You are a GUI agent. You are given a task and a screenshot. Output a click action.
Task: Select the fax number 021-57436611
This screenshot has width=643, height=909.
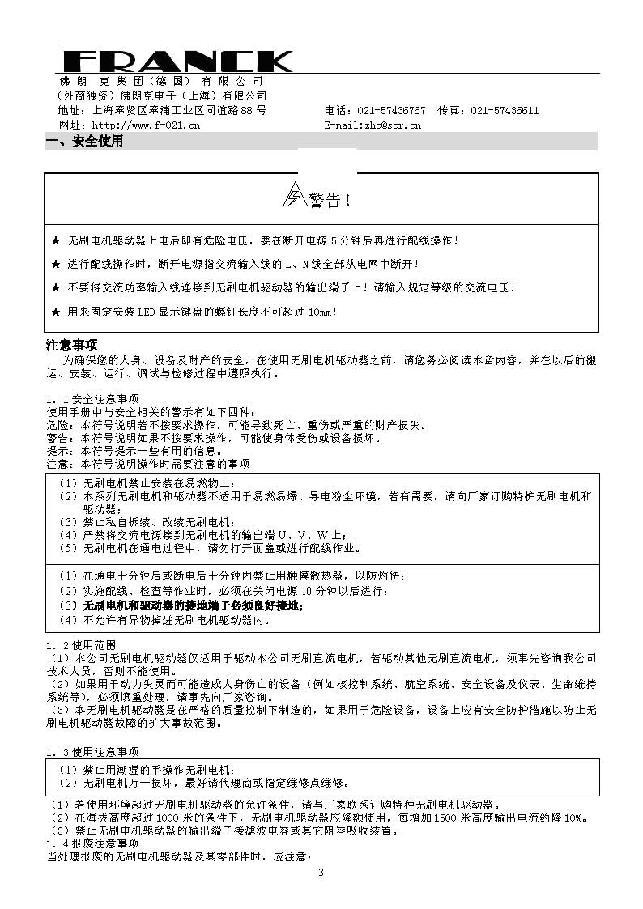[505, 111]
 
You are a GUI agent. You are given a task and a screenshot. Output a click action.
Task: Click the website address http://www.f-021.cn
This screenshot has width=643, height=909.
[146, 125]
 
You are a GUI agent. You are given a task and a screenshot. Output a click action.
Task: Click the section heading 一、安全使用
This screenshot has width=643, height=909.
[85, 142]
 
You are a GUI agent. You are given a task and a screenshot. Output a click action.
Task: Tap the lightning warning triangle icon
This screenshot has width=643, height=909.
[293, 196]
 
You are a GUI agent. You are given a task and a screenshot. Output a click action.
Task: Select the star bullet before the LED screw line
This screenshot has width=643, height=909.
[55, 311]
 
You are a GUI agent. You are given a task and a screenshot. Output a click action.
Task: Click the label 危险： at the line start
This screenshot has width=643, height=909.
[59, 425]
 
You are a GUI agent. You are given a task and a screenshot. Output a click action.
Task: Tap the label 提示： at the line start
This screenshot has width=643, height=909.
[59, 451]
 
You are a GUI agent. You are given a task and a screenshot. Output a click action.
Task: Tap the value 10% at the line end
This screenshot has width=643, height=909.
[577, 818]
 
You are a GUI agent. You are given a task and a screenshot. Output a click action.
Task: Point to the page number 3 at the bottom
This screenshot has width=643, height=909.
[321, 872]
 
